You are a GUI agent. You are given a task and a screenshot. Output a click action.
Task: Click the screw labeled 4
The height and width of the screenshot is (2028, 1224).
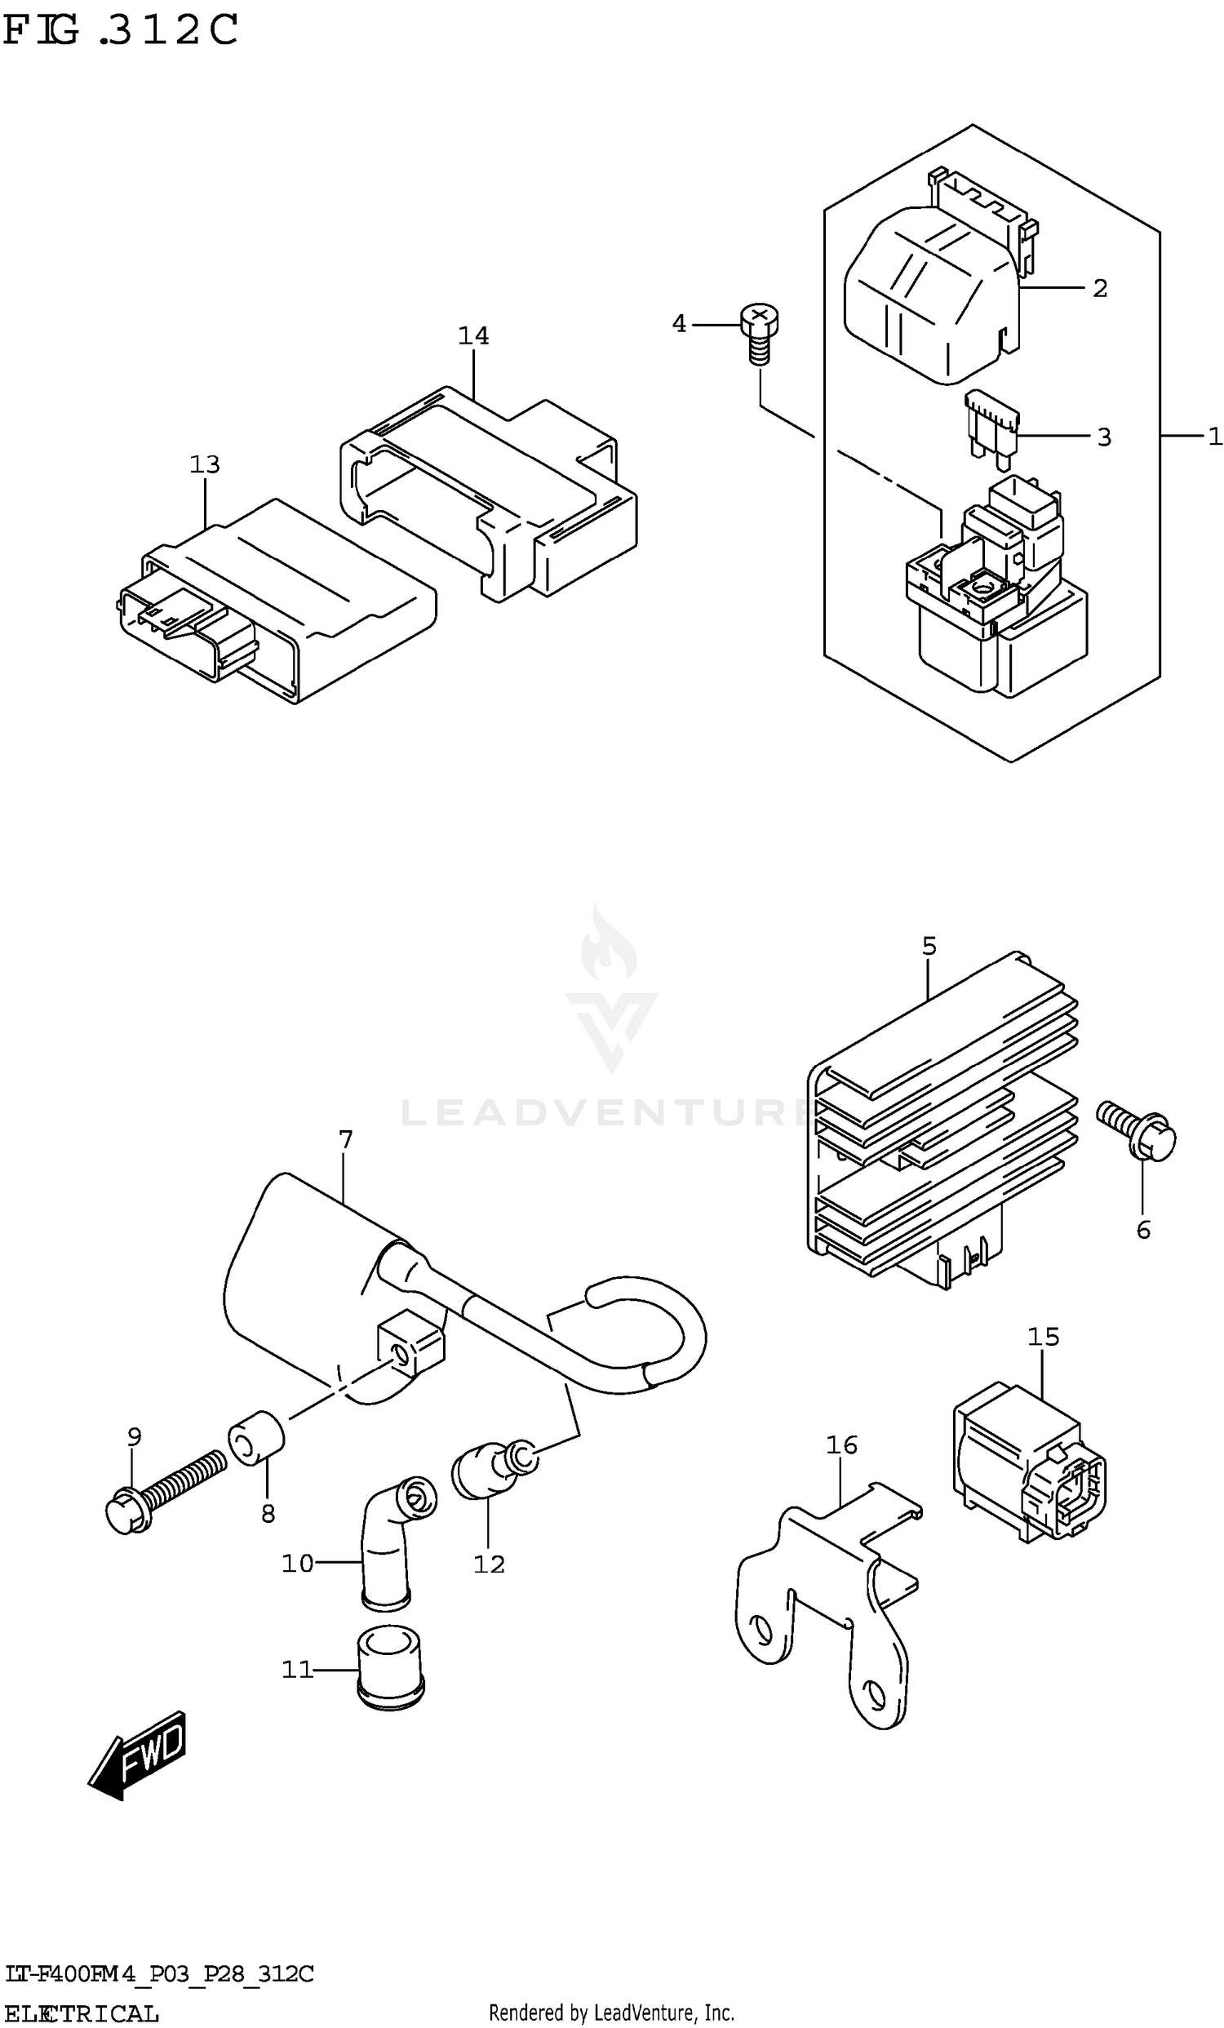point(759,332)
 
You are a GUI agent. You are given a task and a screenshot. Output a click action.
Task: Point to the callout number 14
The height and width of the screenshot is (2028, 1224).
point(473,335)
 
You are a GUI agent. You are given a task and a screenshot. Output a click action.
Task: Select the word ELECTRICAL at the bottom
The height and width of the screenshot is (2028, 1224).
point(82,2013)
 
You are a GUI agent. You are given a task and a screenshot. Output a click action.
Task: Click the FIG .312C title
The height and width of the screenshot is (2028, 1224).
point(120,30)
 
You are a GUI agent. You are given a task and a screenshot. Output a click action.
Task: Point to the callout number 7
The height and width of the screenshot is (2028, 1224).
point(346,1140)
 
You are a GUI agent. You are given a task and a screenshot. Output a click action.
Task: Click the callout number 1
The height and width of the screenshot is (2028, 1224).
point(1215,437)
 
